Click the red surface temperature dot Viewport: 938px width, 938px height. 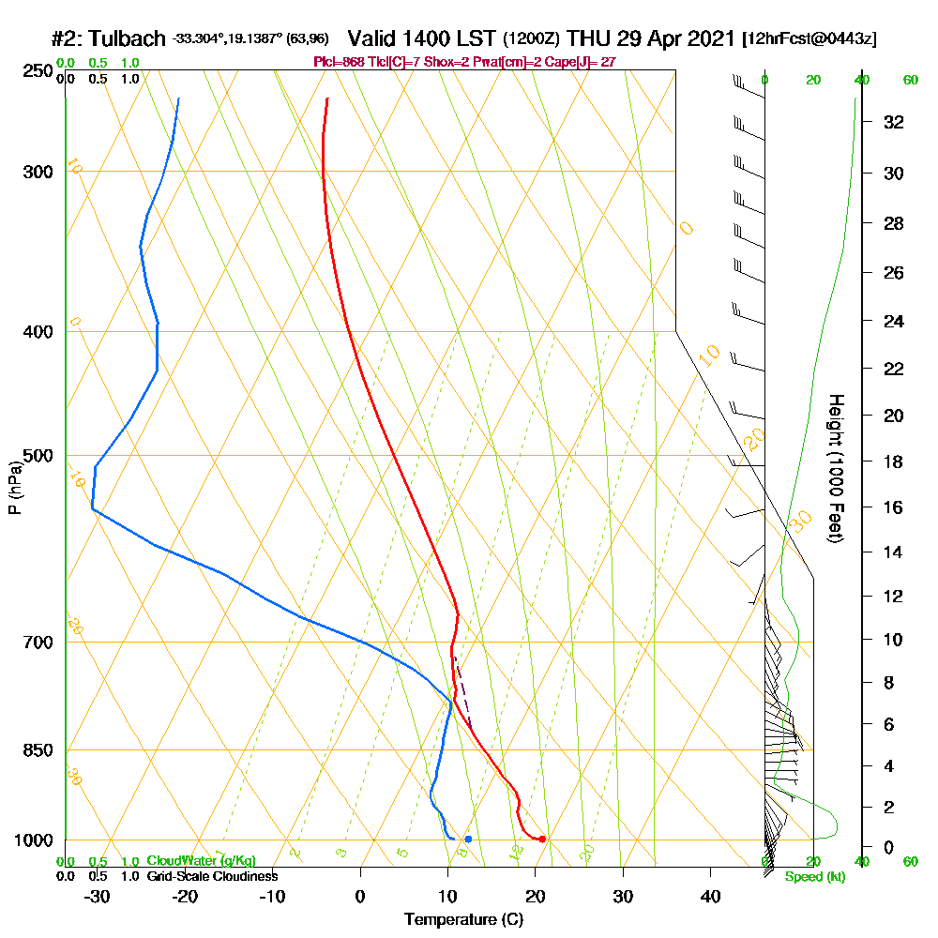[x=542, y=839]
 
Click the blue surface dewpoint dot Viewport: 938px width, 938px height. [x=468, y=839]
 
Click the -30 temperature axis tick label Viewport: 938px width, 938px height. [x=98, y=895]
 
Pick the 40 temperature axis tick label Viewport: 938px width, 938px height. [x=710, y=895]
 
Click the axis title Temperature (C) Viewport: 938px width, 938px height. [x=463, y=919]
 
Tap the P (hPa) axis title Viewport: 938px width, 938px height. [x=14, y=487]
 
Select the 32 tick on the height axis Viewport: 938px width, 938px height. [x=894, y=122]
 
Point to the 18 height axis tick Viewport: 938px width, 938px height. [x=894, y=461]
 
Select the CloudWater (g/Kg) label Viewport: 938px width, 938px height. [x=201, y=861]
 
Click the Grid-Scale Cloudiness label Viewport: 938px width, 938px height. [x=212, y=876]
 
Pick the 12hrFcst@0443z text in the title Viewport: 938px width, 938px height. [x=809, y=39]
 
